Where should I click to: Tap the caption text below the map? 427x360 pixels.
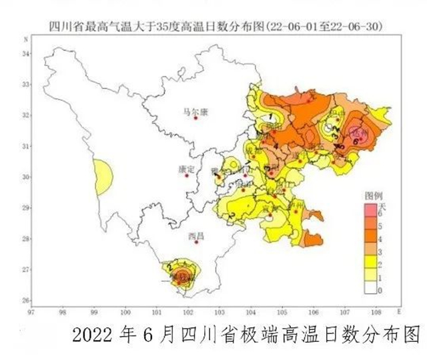pyautogui.click(x=246, y=333)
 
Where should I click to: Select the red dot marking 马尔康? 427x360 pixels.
pyautogui.click(x=195, y=118)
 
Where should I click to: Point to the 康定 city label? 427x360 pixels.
pyautogui.click(x=187, y=169)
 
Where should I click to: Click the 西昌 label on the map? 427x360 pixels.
pyautogui.click(x=196, y=235)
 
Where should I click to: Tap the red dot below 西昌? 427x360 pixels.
pyautogui.click(x=196, y=242)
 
